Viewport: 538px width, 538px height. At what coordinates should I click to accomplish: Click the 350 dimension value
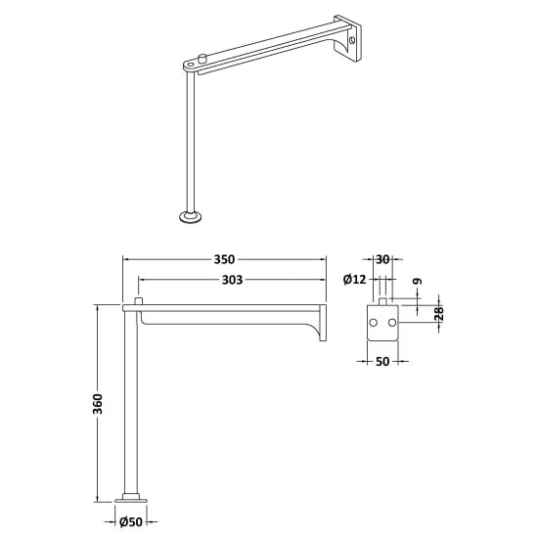224,259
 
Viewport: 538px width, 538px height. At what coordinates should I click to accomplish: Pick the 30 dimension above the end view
382,259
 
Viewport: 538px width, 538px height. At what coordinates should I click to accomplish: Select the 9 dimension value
418,282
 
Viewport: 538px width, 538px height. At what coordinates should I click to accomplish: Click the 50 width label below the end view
382,363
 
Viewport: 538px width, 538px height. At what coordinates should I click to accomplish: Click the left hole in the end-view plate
374,320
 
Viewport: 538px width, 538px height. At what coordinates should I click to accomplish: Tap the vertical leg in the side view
131,401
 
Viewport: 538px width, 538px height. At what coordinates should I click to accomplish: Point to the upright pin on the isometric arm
201,59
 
